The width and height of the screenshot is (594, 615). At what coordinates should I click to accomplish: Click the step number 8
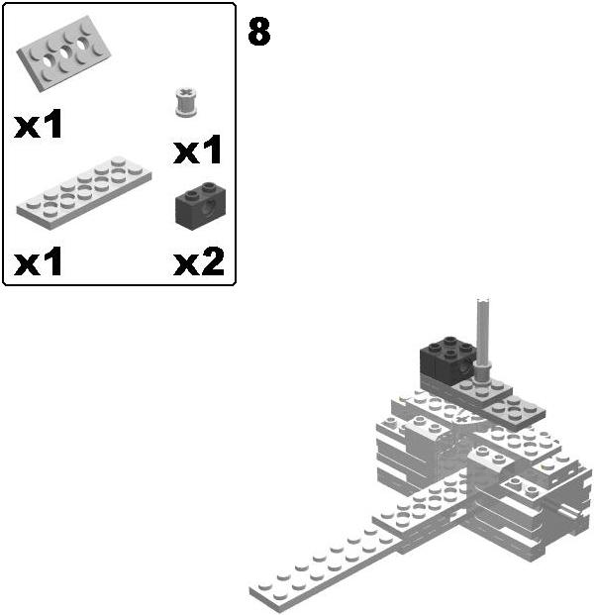[258, 32]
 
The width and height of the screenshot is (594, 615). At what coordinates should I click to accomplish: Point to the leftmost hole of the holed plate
[44, 67]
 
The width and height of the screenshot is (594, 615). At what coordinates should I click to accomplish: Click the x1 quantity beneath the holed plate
[40, 125]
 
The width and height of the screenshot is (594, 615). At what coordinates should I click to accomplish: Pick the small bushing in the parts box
[183, 101]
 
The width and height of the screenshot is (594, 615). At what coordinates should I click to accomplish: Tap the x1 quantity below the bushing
[198, 152]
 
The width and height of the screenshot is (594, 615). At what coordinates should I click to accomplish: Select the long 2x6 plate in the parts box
[84, 188]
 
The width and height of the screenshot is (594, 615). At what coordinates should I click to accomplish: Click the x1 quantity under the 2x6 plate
[40, 262]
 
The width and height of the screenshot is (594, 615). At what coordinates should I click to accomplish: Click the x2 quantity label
[198, 262]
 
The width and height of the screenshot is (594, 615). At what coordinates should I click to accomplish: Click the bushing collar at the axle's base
[483, 371]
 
